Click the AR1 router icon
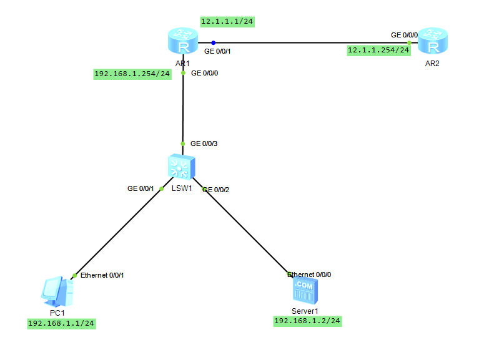click(x=182, y=42)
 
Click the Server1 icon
click(x=304, y=291)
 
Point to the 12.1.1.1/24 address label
click(x=227, y=21)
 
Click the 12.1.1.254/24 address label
click(x=378, y=50)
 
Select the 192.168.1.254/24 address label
click(x=132, y=74)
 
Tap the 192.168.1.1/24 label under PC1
click(x=62, y=323)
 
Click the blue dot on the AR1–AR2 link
click(x=213, y=42)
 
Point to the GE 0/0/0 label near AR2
click(x=404, y=35)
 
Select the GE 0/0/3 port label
click(x=204, y=144)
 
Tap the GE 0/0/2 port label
click(x=216, y=189)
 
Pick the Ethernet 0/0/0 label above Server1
click(x=309, y=275)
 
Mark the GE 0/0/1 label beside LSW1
click(x=141, y=188)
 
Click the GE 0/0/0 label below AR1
click(x=204, y=73)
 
